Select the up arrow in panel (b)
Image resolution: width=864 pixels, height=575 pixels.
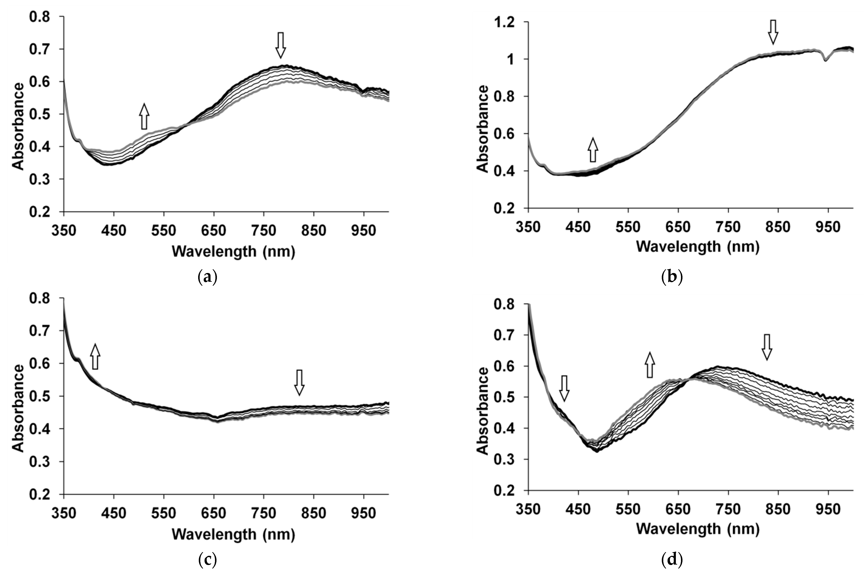[x=593, y=150]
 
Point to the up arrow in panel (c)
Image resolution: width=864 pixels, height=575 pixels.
[x=95, y=357]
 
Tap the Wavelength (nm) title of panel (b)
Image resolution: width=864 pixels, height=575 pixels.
[x=698, y=247]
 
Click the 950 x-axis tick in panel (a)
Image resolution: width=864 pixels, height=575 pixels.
[x=363, y=230]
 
